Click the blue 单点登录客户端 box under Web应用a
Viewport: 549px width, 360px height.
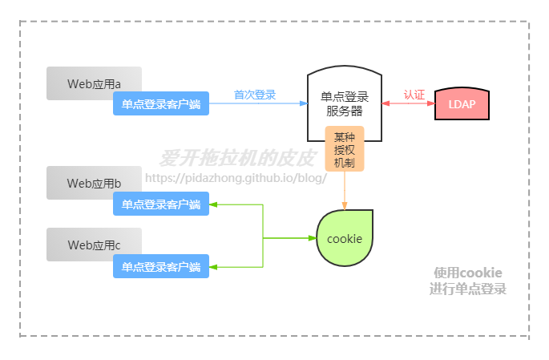point(161,103)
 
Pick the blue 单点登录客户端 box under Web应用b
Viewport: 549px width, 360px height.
point(161,204)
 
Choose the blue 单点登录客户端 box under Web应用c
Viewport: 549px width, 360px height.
point(161,266)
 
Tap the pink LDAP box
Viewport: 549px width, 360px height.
point(462,104)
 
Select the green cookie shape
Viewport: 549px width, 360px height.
point(345,238)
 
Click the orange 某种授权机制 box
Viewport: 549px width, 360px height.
point(345,148)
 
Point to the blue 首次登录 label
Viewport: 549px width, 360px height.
point(255,95)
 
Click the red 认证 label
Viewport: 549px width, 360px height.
point(414,94)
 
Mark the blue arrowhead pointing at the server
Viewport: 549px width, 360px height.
point(303,104)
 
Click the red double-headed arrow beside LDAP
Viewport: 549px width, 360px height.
point(409,104)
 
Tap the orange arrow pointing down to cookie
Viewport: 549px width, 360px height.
point(345,192)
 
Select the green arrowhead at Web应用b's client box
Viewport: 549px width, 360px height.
point(215,204)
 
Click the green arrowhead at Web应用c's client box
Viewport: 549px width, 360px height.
point(215,266)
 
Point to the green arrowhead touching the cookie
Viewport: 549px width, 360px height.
point(313,238)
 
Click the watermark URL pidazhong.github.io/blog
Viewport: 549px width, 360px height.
point(236,177)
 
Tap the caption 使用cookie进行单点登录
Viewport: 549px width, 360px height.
point(467,281)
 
